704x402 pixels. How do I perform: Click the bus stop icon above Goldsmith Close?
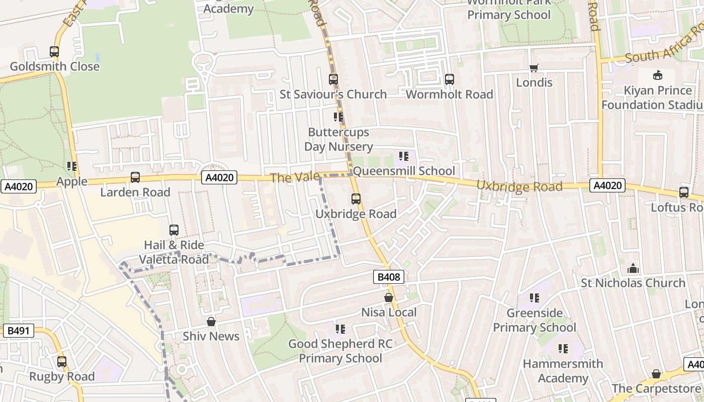54,52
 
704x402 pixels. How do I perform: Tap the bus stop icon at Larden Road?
135,177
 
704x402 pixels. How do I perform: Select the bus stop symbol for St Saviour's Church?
333,79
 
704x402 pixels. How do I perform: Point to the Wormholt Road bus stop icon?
450,79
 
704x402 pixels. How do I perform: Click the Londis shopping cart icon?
534,68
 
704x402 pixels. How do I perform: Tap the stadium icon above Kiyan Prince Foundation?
657,75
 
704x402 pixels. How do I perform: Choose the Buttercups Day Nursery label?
338,140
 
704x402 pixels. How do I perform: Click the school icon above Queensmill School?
404,156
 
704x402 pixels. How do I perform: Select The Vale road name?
295,177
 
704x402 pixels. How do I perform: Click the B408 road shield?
389,276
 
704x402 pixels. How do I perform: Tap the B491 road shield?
19,331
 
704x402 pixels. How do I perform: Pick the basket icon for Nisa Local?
389,298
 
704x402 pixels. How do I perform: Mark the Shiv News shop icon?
211,322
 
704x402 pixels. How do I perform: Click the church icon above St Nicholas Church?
633,268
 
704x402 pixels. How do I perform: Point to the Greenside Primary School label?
535,320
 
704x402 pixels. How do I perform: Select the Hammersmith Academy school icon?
563,348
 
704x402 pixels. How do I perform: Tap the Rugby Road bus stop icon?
62,362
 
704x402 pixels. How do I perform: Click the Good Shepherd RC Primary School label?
340,351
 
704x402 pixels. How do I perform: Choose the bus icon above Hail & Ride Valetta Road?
174,230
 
